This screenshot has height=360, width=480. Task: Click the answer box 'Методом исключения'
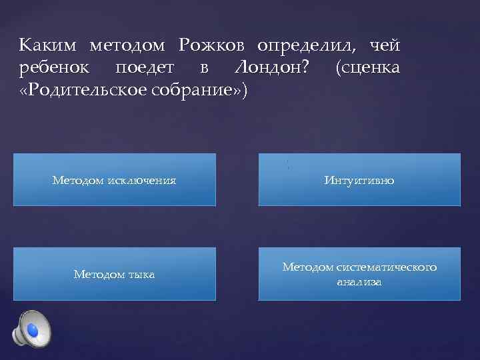[115, 180]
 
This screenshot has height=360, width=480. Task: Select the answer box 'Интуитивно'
[359, 180]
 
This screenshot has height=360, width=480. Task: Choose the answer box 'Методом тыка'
[115, 274]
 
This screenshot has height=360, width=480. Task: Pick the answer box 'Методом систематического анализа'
[359, 274]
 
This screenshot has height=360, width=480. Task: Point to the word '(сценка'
[369, 67]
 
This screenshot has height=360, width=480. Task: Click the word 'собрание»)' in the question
[204, 90]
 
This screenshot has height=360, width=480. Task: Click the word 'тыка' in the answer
[141, 274]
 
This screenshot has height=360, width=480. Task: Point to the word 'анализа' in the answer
[359, 282]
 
